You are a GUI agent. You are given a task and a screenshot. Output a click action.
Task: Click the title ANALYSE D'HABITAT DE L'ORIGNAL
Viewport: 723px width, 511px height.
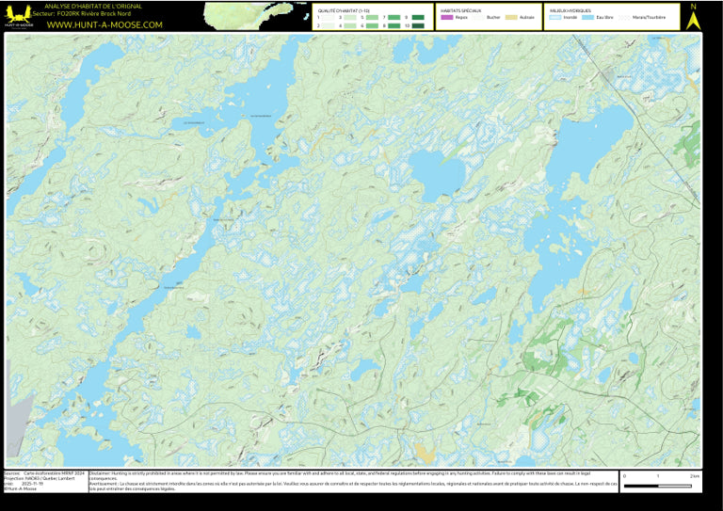(x=100, y=7)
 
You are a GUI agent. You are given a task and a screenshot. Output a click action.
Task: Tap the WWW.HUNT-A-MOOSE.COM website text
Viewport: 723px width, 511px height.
(x=104, y=24)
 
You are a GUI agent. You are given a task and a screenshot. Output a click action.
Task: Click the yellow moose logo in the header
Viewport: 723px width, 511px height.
(x=16, y=16)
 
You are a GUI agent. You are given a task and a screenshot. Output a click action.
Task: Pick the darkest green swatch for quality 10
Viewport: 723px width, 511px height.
(x=418, y=25)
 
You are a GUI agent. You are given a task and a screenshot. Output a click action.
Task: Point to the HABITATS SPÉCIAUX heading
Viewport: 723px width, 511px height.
(x=460, y=10)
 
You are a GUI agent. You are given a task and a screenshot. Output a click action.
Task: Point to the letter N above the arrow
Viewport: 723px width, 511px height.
(x=694, y=7)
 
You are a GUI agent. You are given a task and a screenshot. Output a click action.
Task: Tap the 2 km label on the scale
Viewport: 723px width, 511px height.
(x=694, y=476)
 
